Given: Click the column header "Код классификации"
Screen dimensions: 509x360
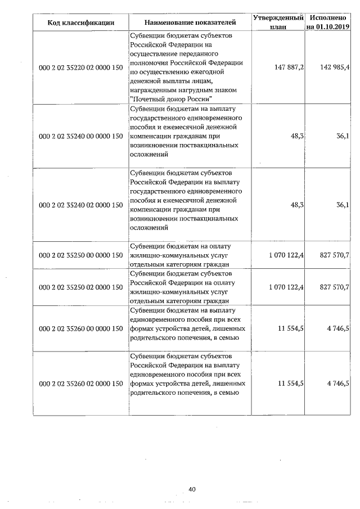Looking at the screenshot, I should coord(81,22).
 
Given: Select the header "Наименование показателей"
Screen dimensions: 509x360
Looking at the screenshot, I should coord(190,22).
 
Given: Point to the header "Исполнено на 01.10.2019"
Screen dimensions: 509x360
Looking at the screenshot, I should coord(328,22).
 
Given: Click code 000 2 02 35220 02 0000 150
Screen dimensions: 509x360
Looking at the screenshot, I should coord(81,67).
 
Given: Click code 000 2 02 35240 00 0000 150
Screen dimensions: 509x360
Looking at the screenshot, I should coord(81,136).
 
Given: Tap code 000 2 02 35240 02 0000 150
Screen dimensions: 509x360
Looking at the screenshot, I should coord(81,205).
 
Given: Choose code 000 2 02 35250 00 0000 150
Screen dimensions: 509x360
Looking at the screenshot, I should coord(81,255).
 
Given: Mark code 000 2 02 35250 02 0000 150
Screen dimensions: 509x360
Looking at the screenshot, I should coord(81,287).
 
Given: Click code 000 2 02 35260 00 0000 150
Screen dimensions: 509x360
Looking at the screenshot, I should coord(81,328).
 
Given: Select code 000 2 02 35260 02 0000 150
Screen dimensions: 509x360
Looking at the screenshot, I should coord(81,384).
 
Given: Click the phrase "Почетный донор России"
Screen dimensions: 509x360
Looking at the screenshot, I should coord(167,99).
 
